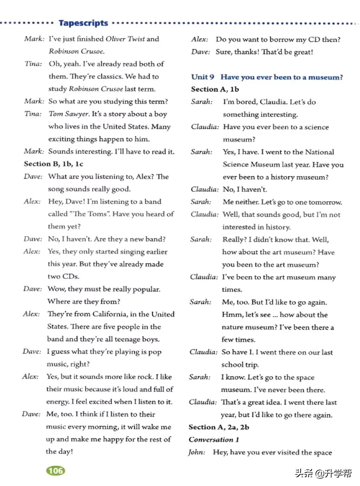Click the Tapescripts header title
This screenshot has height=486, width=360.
pos(83,23)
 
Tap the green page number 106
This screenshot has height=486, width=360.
pos(56,471)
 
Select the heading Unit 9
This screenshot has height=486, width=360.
pos(202,77)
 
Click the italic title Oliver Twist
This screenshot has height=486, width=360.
pos(125,39)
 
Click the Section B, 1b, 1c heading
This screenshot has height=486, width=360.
pos(53,164)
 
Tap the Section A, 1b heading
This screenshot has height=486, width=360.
pos(215,89)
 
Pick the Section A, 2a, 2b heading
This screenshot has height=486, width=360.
pos(219,427)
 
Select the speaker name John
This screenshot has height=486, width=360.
pos(196,452)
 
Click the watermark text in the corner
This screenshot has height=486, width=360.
pos(323,473)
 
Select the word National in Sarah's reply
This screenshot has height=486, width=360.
pos(319,152)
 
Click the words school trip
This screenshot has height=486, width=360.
pos(240,365)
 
